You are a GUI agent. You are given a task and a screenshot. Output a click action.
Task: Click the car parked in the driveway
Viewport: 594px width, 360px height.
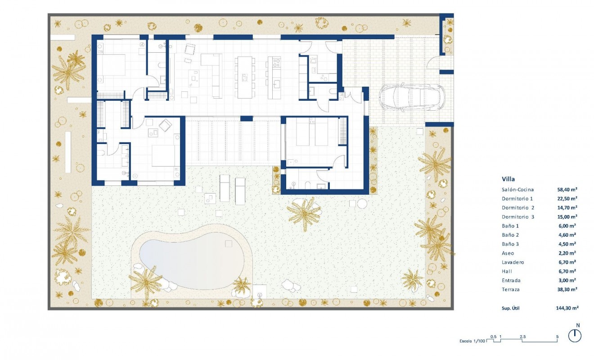412,98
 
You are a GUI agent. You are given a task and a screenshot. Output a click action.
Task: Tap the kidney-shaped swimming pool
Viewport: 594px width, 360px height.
191,257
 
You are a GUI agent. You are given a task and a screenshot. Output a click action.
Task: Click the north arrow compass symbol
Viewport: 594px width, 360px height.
575,336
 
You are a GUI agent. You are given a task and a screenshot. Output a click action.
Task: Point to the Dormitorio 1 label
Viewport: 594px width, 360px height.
517,198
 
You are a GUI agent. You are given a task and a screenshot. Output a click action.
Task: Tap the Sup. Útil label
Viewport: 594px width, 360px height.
512,308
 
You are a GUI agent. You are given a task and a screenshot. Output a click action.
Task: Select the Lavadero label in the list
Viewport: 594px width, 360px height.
513,262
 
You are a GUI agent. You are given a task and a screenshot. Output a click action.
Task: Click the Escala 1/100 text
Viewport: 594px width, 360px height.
472,341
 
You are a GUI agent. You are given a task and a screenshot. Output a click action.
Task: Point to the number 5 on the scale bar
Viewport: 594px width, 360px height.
558,337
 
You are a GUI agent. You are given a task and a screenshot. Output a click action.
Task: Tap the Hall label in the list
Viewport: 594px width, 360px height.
507,271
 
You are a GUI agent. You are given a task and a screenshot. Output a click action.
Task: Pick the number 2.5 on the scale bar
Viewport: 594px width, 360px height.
522,337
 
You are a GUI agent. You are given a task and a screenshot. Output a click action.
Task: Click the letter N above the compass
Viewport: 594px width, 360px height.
578,325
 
